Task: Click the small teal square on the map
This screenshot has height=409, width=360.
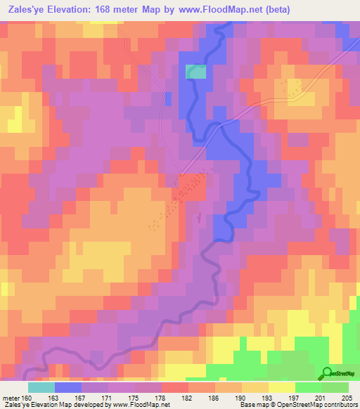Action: coord(196,71)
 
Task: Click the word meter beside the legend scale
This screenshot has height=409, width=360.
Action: coord(11,399)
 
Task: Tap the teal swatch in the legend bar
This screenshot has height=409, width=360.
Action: coord(41,387)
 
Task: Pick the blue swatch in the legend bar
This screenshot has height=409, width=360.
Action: coord(68,387)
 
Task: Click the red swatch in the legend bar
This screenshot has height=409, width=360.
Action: coord(175,387)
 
